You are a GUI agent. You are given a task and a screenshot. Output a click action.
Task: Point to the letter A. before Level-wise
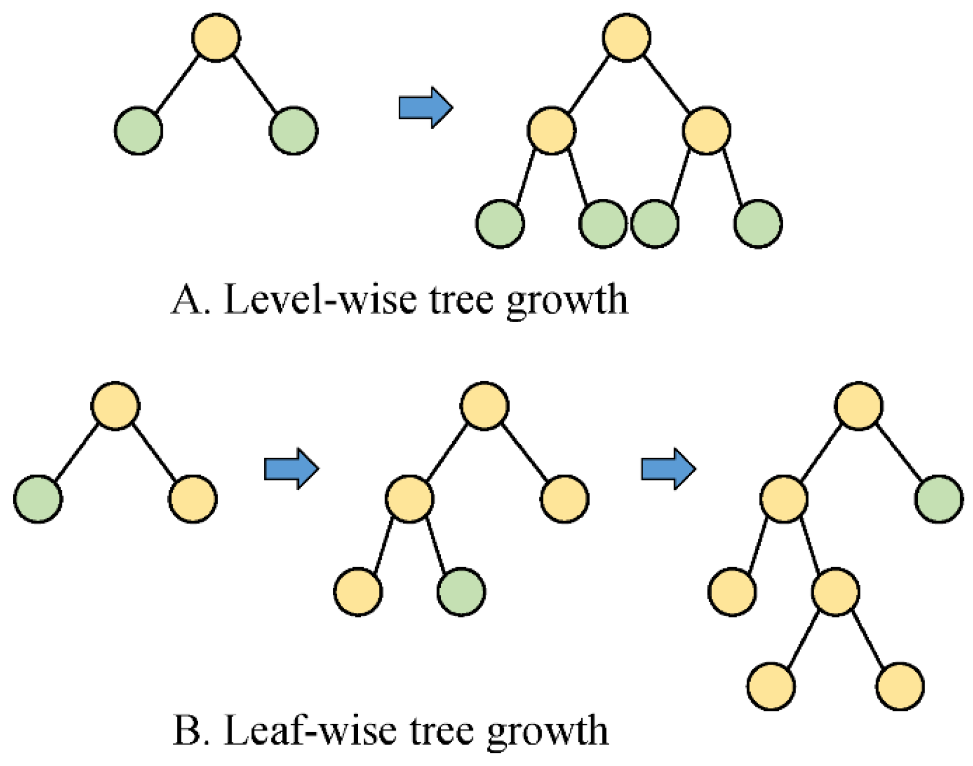[190, 299]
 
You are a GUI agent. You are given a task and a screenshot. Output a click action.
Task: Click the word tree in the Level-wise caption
[462, 299]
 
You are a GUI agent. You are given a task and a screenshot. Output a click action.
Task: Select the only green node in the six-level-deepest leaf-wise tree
[939, 499]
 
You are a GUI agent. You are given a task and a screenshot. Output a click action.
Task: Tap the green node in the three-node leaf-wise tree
[38, 499]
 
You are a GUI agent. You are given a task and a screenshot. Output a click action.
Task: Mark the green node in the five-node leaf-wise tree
[461, 592]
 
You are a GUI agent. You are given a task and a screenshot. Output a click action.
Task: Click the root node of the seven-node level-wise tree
[626, 38]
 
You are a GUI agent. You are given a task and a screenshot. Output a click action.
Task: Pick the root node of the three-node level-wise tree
[216, 38]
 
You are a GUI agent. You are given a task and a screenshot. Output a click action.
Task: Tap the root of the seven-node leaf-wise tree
[859, 406]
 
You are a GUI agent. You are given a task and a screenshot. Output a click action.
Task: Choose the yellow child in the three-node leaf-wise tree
[193, 499]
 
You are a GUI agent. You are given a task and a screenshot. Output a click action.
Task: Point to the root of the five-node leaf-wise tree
[484, 406]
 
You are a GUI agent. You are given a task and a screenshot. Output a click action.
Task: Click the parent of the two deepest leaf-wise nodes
[836, 592]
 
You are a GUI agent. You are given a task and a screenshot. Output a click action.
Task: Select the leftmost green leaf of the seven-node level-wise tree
[500, 224]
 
